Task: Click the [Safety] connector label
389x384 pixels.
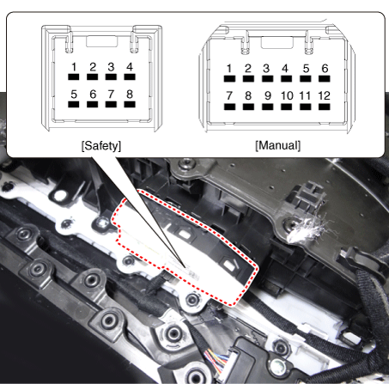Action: tap(101, 146)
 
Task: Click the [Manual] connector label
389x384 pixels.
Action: tap(277, 145)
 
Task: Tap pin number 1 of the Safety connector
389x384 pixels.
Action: tap(74, 67)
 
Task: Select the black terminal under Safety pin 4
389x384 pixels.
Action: tap(130, 76)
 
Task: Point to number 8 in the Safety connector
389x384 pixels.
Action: tap(130, 94)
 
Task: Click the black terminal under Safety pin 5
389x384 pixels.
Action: tap(74, 104)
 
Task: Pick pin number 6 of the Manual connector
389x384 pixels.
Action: tap(325, 69)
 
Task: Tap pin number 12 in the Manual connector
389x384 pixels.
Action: tap(325, 95)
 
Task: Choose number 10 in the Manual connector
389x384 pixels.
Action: tap(287, 95)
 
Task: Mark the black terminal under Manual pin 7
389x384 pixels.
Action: tap(229, 107)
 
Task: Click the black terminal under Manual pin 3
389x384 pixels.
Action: tap(267, 79)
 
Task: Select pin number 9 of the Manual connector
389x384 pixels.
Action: tap(268, 95)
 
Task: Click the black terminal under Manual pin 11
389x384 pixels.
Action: tap(306, 107)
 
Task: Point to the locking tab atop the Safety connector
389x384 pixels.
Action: tap(102, 41)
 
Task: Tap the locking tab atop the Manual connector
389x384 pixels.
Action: tap(277, 42)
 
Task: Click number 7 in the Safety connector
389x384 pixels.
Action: tap(111, 94)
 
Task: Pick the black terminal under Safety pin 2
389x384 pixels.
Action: tap(92, 76)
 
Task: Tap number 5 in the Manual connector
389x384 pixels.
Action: tap(306, 69)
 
